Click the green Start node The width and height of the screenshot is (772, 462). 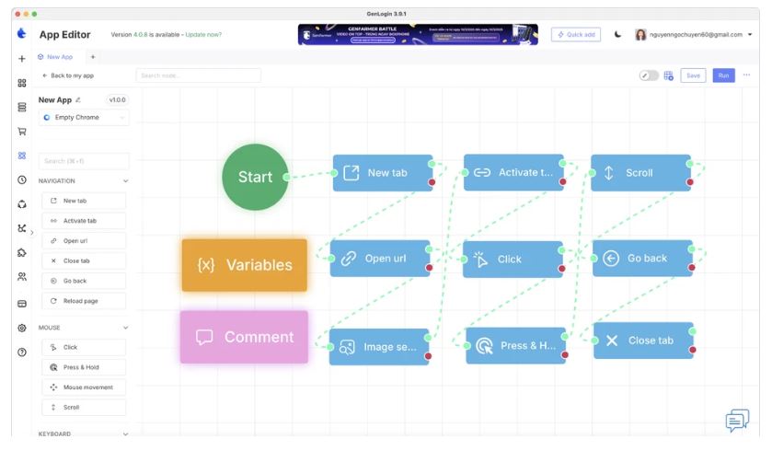[255, 177]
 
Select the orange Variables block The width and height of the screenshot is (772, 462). [244, 265]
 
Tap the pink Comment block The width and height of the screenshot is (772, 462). [244, 337]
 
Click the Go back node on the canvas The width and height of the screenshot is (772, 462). [642, 259]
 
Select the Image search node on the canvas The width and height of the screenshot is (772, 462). [379, 347]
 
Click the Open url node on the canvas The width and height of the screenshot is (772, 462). [379, 259]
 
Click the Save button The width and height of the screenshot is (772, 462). [693, 75]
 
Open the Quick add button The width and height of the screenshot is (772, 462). [575, 34]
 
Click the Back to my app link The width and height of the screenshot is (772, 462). [68, 75]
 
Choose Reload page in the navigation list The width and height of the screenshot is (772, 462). [83, 301]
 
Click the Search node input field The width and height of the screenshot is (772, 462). [198, 75]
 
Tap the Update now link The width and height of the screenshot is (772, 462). [203, 35]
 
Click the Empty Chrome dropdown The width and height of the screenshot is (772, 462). [84, 118]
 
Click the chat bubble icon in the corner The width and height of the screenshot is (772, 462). [736, 421]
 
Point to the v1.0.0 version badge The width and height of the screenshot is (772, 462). [118, 99]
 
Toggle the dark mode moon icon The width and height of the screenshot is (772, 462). [617, 34]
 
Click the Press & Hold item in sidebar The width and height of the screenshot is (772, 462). [83, 367]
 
